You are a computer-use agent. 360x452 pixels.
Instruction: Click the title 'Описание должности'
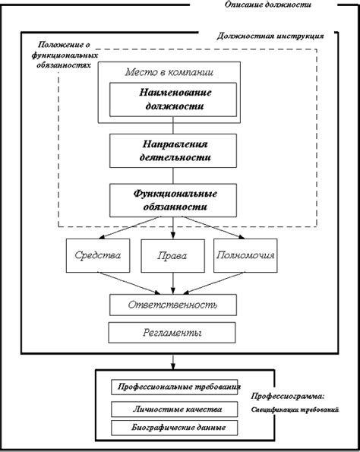[268, 5]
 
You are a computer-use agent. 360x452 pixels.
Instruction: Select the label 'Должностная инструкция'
[270, 36]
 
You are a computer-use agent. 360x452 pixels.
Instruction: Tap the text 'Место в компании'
[169, 71]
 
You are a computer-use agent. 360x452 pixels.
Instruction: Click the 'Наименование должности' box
[173, 100]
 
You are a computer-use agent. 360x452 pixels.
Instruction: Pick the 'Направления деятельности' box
[173, 150]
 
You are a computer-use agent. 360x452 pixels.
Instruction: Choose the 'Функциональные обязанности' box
[173, 201]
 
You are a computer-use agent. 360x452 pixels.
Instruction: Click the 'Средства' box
[98, 255]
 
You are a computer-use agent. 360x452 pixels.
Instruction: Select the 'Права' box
[172, 256]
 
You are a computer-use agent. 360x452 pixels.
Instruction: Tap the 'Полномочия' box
[245, 255]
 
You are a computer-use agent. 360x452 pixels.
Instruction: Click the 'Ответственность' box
[173, 305]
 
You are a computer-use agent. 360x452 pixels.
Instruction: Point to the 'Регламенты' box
[172, 333]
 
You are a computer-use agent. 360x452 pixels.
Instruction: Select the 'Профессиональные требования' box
[175, 387]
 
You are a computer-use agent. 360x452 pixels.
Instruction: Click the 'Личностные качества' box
[175, 409]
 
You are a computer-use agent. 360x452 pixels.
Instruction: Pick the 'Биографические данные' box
[175, 428]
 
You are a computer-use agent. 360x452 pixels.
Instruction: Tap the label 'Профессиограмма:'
[288, 396]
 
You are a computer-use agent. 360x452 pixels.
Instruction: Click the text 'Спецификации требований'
[295, 409]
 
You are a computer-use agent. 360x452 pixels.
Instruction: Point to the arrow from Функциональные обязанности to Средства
[129, 228]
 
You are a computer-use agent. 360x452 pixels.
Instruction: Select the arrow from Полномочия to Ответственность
[214, 283]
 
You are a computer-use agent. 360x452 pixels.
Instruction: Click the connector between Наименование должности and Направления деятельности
[173, 125]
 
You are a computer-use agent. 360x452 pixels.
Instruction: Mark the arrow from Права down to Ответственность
[173, 283]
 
